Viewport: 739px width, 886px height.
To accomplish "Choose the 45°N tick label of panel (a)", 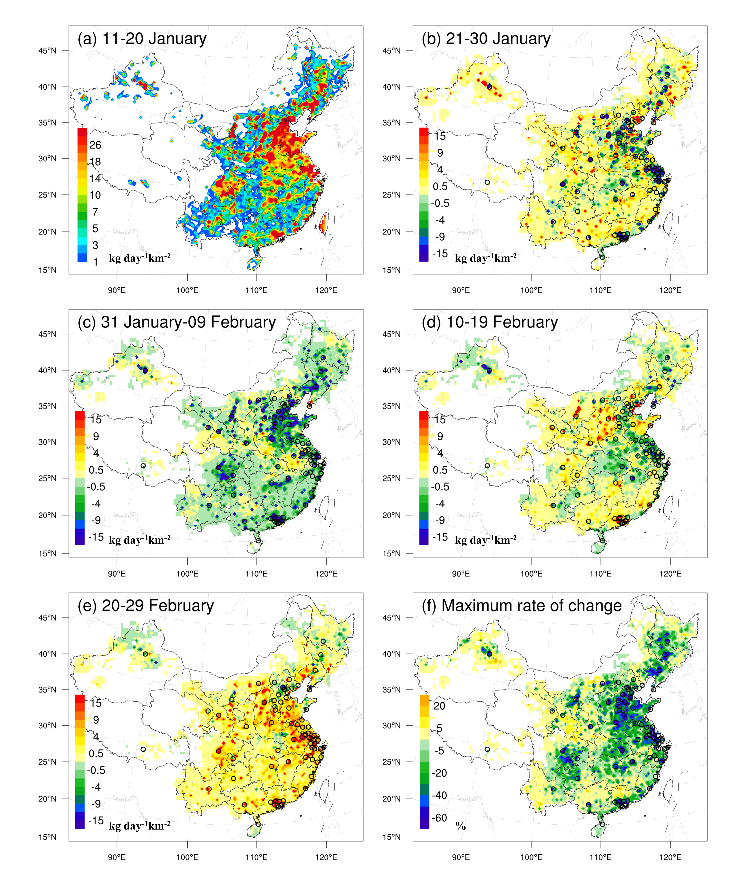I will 47,51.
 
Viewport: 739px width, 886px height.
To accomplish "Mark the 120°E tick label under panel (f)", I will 670,857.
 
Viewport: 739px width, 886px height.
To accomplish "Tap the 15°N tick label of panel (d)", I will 391,554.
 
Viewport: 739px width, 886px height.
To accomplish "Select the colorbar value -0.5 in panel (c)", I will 96,487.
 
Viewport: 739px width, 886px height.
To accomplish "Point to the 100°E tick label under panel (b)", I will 531,290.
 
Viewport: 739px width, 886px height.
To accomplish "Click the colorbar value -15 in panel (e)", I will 96,821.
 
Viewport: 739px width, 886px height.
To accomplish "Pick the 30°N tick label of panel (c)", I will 47,442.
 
